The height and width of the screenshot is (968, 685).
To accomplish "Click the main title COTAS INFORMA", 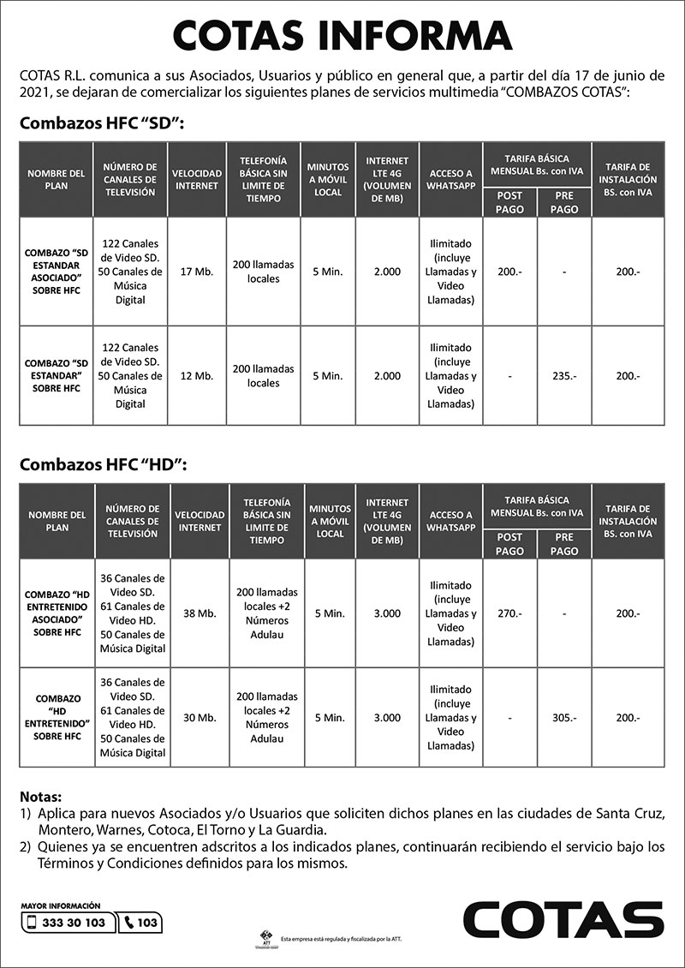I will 342,36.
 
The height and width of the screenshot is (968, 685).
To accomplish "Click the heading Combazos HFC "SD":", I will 102,125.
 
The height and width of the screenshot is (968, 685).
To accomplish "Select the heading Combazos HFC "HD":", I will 103,465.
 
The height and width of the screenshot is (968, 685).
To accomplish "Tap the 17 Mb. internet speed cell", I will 197,272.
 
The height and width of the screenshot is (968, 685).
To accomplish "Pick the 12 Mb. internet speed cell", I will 197,376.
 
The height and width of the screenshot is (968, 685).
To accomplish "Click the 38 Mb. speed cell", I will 200,613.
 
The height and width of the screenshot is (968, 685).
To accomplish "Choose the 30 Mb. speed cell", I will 200,718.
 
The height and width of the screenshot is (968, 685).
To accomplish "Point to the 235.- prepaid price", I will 564,376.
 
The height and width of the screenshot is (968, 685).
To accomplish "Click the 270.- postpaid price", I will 510,613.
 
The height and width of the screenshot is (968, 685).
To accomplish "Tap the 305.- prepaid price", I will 564,718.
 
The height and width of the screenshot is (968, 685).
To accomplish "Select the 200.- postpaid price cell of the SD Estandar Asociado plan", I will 510,272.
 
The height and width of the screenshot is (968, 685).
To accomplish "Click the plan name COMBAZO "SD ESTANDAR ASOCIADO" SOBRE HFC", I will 57,272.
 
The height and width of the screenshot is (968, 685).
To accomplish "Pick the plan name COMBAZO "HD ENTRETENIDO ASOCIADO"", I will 57,613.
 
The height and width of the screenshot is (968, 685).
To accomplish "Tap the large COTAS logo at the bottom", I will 563,920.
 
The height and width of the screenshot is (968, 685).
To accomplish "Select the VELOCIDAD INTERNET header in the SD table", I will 197,179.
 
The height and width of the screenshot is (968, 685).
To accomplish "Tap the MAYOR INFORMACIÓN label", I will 60,905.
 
